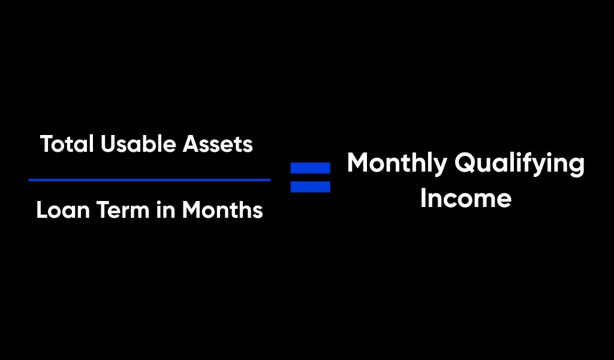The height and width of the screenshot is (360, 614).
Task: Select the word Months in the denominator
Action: click(222, 210)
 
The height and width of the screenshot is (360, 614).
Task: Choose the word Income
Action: click(465, 198)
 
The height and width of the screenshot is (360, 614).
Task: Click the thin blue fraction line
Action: click(149, 179)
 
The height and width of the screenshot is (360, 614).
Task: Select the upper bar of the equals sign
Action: click(310, 168)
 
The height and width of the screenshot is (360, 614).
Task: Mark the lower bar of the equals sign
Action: click(310, 187)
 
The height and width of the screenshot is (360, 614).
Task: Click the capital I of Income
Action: click(423, 198)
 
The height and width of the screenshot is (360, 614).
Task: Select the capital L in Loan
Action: click(41, 210)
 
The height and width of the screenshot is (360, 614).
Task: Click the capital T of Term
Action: click(100, 210)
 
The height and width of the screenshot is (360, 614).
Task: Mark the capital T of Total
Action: click(47, 145)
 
